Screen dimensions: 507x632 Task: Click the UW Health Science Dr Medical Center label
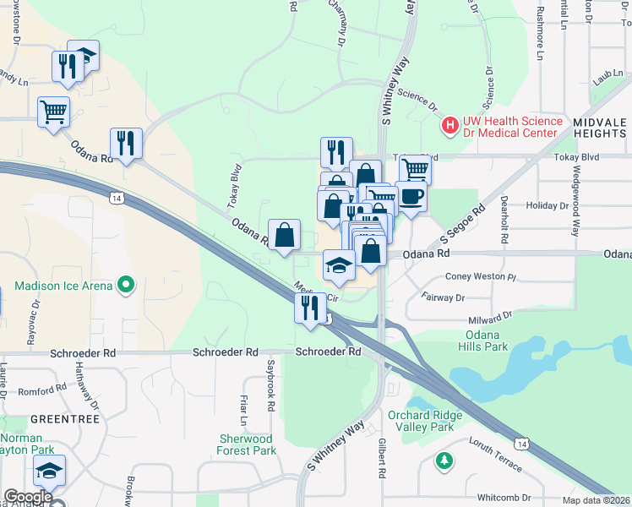click(513, 126)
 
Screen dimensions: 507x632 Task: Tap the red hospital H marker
click(450, 126)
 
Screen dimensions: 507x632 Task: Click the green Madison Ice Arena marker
click(126, 285)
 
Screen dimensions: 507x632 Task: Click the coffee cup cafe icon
click(411, 197)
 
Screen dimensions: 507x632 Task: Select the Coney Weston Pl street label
click(480, 276)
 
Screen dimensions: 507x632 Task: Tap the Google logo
click(28, 497)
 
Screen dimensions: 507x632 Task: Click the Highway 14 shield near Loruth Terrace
click(522, 443)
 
